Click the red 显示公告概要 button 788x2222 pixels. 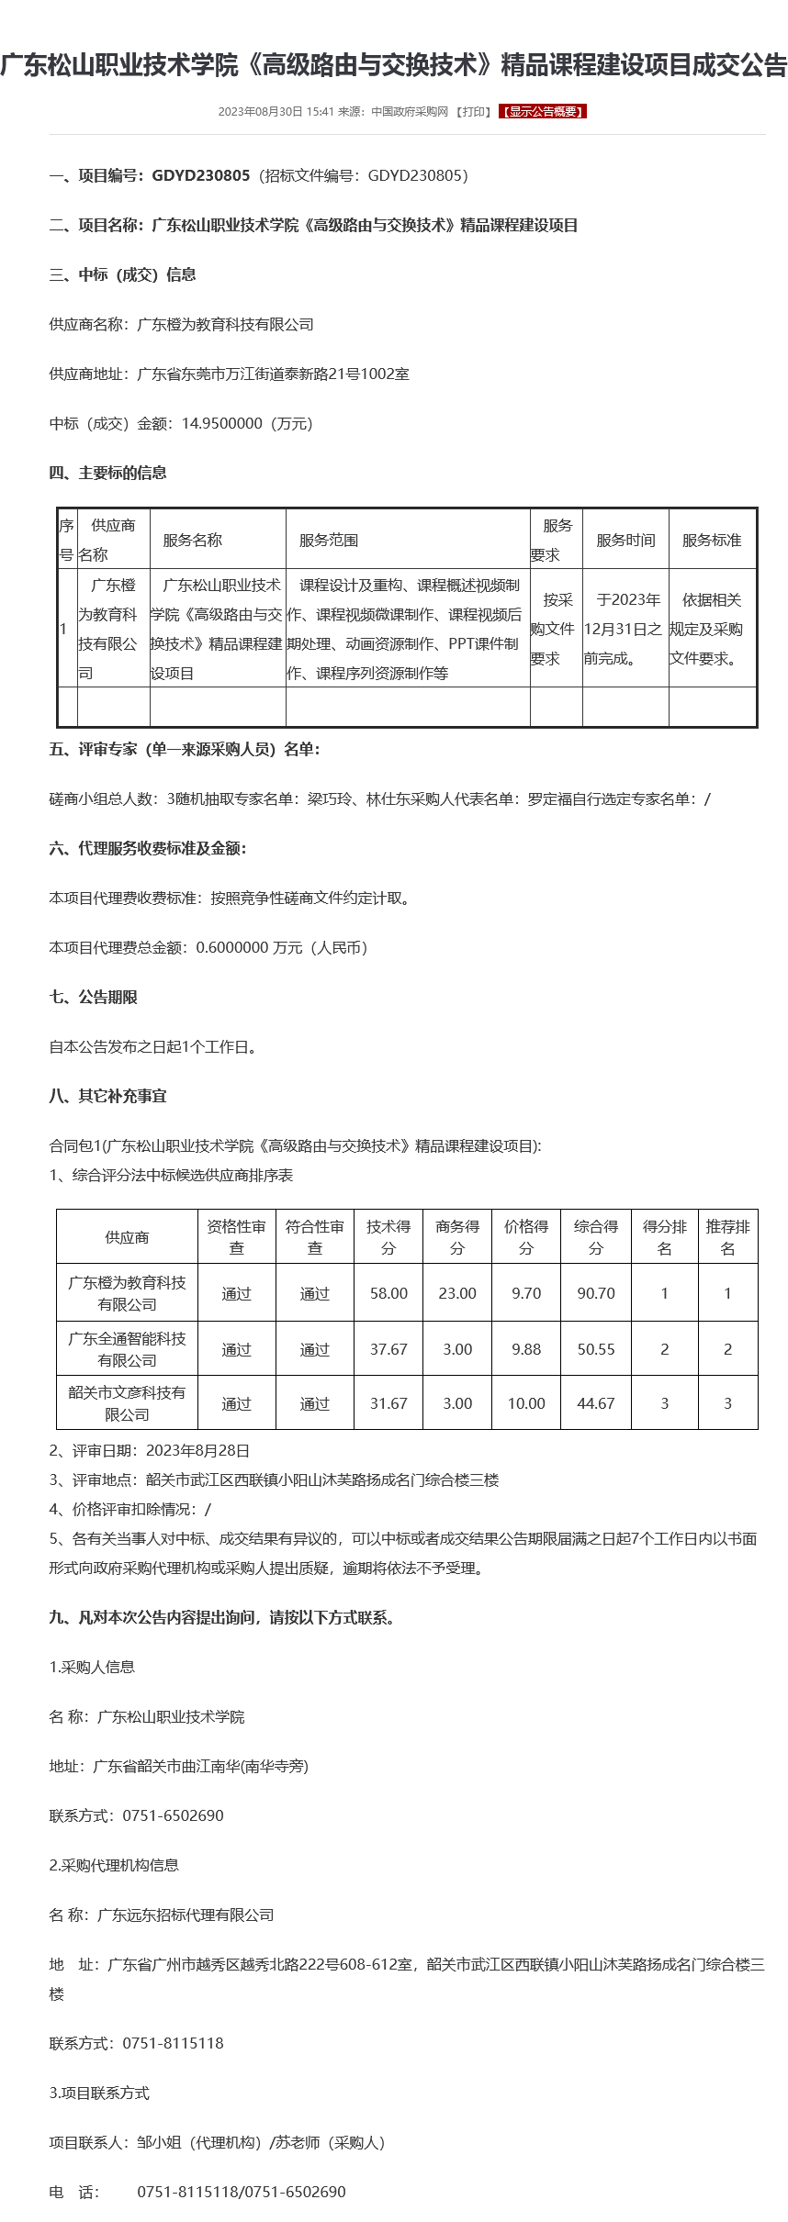click(x=543, y=112)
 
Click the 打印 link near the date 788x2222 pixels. click(x=474, y=112)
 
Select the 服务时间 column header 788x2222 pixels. click(x=625, y=541)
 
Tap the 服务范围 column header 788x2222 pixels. click(x=329, y=541)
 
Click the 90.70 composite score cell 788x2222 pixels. click(x=596, y=1293)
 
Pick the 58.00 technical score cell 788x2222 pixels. click(x=388, y=1293)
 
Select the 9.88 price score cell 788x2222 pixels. click(x=526, y=1349)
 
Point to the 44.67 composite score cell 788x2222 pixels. click(x=596, y=1403)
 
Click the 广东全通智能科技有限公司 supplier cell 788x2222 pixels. click(x=127, y=1349)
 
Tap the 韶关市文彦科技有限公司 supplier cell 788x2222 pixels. click(x=127, y=1403)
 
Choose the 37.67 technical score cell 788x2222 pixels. click(x=388, y=1349)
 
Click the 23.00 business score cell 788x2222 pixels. click(x=457, y=1293)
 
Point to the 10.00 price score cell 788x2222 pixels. click(x=526, y=1403)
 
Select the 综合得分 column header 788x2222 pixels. click(x=596, y=1237)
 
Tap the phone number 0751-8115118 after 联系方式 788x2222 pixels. click(x=173, y=2043)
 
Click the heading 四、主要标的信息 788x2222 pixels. click(x=107, y=474)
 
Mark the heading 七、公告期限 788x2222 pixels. click(x=93, y=998)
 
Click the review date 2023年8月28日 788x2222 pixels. click(x=197, y=1451)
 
